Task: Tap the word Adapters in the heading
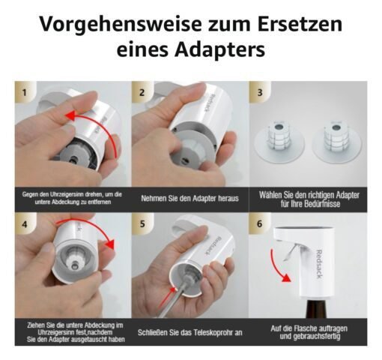(219, 49)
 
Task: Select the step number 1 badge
(24, 92)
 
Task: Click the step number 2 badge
(142, 92)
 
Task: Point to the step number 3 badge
(260, 92)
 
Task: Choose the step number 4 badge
(24, 224)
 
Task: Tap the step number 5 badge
(142, 223)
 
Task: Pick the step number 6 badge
(260, 223)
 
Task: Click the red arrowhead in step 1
(70, 115)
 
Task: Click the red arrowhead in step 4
(109, 244)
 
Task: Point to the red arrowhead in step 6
(287, 277)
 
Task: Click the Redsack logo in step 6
(320, 265)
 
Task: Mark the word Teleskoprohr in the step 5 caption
(211, 332)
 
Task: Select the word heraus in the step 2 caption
(228, 199)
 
